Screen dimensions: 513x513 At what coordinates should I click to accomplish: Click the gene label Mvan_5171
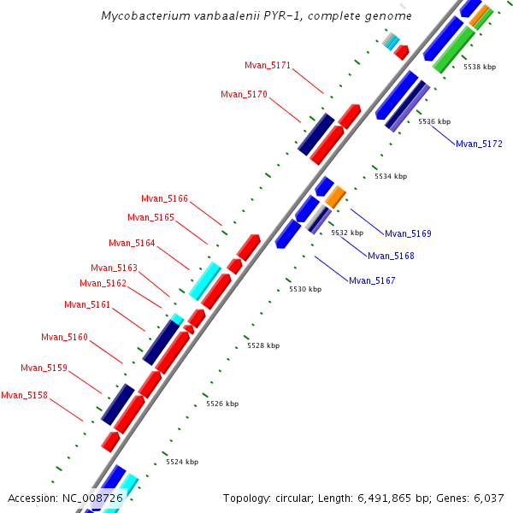[x=268, y=65]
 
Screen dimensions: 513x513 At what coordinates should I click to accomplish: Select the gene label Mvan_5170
[x=244, y=94]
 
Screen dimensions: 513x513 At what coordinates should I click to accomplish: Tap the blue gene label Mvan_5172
[x=479, y=144]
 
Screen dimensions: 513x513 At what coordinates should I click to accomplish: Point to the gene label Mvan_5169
[x=408, y=233]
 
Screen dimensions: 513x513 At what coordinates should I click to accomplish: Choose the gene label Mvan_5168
[x=391, y=256]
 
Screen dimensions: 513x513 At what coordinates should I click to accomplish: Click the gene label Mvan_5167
[x=372, y=280]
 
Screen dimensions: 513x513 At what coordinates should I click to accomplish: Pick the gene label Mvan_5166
[x=164, y=198]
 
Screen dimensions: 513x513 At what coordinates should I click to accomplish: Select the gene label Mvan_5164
[x=132, y=243]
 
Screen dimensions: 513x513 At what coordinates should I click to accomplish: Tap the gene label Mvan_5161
[x=87, y=304]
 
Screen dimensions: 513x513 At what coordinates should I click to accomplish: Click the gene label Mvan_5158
[x=24, y=395]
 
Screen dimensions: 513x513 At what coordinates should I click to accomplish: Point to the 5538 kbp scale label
[x=480, y=66]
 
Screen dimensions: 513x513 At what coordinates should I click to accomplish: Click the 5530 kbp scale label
[x=305, y=289]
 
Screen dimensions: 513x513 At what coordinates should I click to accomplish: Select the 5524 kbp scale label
[x=182, y=462]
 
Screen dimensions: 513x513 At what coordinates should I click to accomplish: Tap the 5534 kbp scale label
[x=391, y=176]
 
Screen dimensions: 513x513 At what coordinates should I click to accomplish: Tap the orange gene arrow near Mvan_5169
[x=335, y=196]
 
